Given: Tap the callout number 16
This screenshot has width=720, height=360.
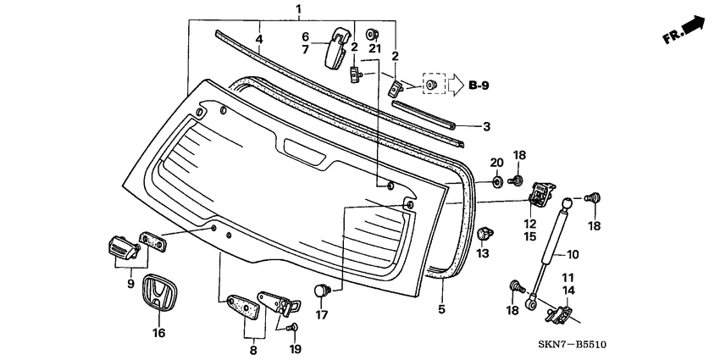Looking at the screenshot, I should click(x=158, y=333).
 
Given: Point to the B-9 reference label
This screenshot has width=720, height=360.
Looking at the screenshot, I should click(x=479, y=86).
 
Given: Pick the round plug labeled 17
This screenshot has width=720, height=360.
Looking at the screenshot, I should click(x=321, y=291).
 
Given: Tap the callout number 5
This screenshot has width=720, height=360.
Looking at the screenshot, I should click(x=441, y=309).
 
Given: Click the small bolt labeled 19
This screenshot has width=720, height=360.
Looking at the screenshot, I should click(x=292, y=327).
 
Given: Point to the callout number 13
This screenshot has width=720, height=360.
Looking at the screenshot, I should click(x=484, y=254).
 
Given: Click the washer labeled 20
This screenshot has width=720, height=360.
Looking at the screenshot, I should click(x=496, y=181).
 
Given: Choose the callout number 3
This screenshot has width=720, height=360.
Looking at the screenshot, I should click(x=486, y=127).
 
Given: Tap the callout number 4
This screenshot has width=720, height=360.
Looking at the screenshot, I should click(x=259, y=39).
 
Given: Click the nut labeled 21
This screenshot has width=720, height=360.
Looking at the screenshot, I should click(x=372, y=35).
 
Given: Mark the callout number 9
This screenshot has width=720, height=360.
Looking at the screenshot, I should click(x=131, y=284).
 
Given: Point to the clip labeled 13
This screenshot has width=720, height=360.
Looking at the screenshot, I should click(x=486, y=234).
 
